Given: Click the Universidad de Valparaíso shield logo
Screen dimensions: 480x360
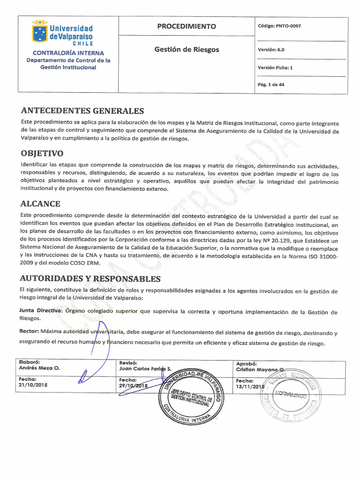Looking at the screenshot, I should tap(39, 32).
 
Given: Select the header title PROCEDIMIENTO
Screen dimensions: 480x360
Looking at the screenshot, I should tap(187, 26).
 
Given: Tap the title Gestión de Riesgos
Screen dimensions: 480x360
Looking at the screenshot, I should tap(187, 49).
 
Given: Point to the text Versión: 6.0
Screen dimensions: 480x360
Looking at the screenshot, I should tap(271, 49).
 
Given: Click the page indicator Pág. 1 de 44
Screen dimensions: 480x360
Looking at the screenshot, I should tap(271, 85).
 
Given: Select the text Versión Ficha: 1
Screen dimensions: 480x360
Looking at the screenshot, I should tap(275, 67).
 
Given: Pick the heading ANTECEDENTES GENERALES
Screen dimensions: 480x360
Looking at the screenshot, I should tap(82, 111).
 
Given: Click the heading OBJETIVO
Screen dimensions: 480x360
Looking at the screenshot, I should tap(42, 154).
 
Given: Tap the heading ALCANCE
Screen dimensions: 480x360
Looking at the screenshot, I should tap(40, 204).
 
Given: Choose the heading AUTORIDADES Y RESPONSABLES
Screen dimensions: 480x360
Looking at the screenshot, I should tap(90, 279).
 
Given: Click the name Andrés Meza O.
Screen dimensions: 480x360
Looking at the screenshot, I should tap(39, 368).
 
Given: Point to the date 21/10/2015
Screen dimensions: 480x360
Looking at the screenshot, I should tap(33, 385).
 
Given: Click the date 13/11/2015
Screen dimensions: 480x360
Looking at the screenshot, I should tap(250, 387).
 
